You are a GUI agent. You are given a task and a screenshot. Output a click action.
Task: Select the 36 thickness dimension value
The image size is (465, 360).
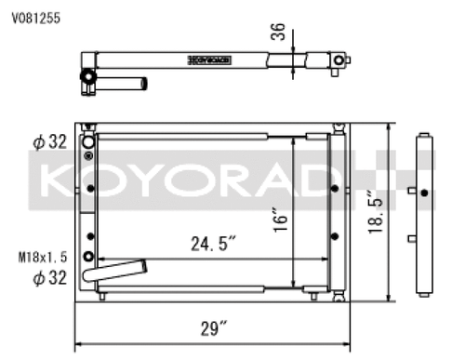[277, 33]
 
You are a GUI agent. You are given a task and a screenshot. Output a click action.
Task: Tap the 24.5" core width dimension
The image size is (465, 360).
[214, 244]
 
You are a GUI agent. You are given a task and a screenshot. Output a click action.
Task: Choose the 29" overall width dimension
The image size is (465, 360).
[213, 327]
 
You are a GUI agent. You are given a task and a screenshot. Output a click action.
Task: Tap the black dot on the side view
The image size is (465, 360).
[424, 193]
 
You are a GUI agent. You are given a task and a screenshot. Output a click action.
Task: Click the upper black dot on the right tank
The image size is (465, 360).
[334, 187]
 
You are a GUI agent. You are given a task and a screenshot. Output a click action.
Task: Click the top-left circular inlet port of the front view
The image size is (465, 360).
[89, 142]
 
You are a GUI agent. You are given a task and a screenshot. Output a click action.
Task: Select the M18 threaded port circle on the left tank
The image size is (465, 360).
[89, 257]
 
